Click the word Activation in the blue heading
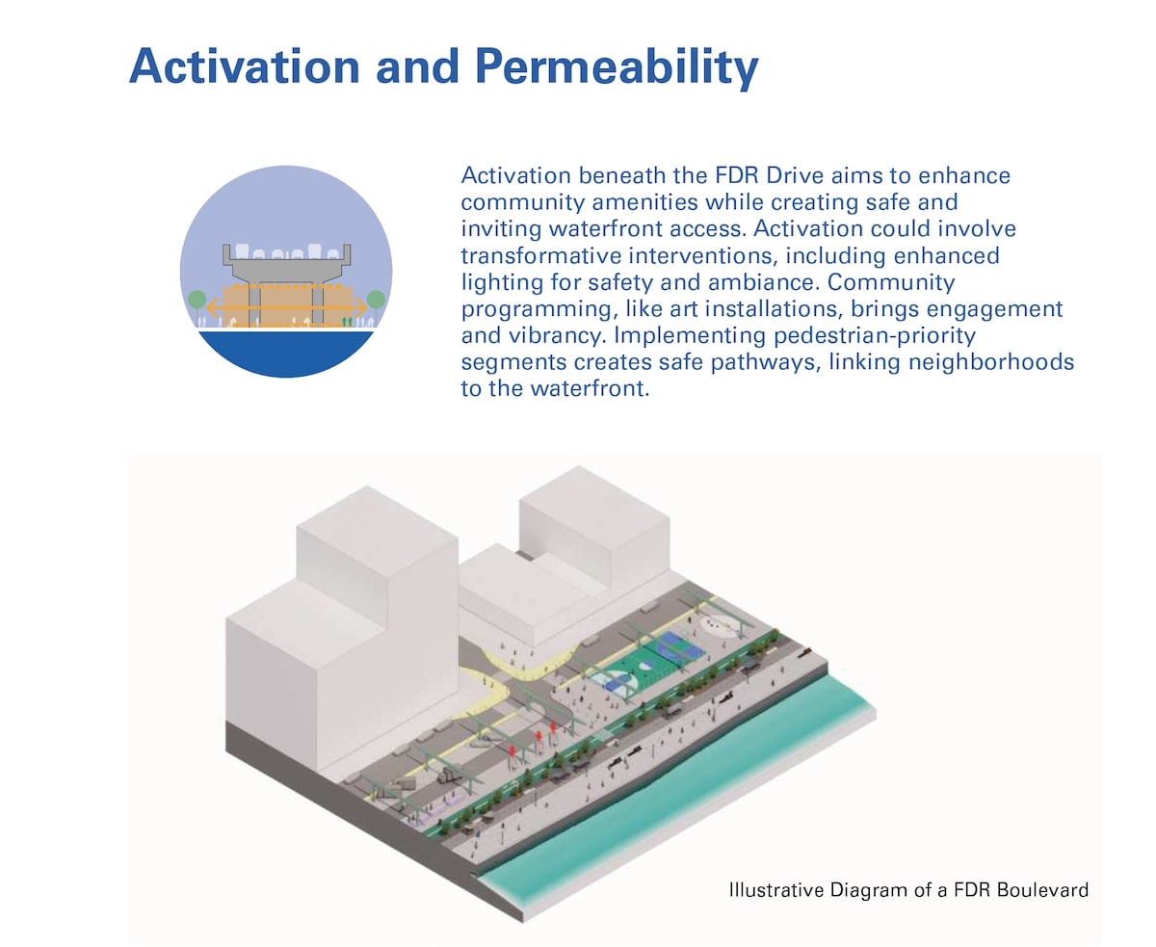tap(245, 66)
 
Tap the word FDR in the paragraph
tap(737, 175)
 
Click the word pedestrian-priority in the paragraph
tap(875, 336)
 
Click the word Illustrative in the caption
tap(775, 889)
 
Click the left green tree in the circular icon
tap(197, 301)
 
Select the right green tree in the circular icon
tap(376, 301)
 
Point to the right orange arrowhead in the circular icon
tap(361, 307)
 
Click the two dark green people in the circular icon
tap(347, 322)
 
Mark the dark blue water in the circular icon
tap(285, 353)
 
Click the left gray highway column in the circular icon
tap(254, 304)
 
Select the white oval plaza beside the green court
tap(721, 625)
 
